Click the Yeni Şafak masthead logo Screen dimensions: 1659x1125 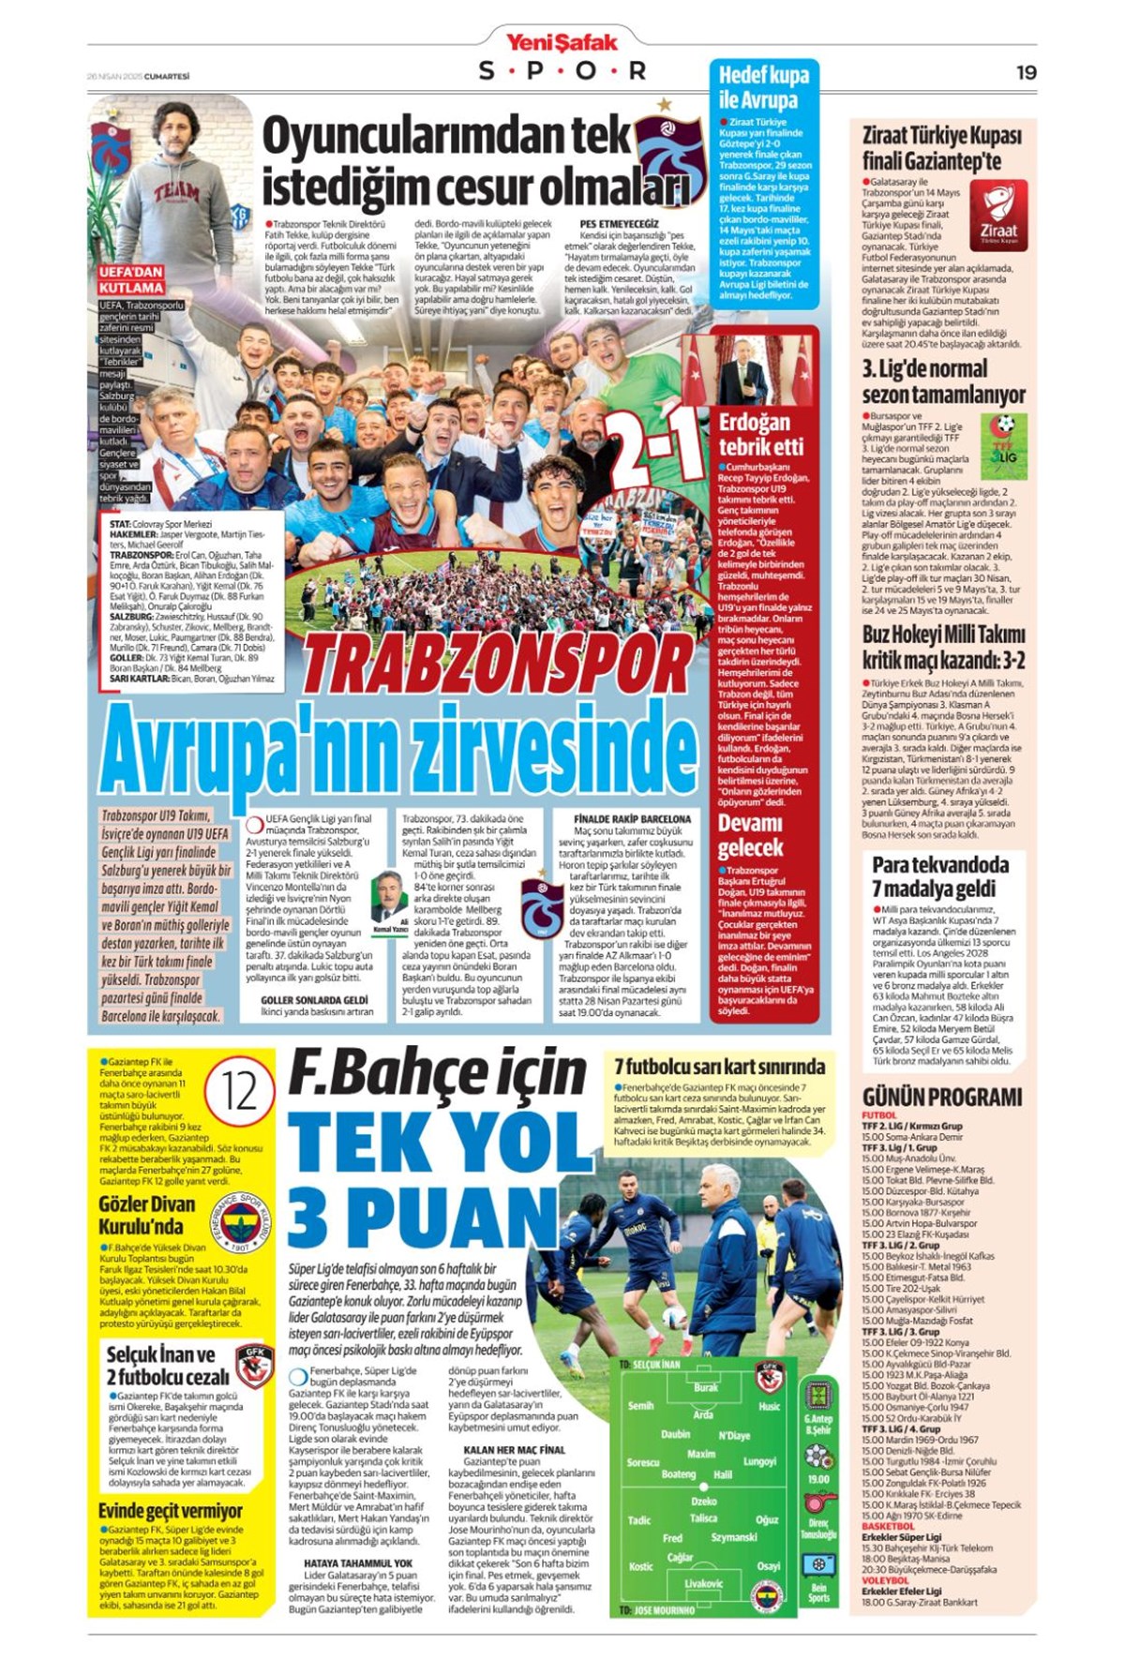pos(562,42)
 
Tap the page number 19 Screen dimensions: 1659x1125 pos(1026,72)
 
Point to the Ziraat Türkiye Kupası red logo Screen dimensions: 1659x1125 pos(997,216)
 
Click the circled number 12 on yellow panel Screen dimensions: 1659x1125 pos(240,1093)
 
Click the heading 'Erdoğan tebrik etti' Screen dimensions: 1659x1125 pos(760,434)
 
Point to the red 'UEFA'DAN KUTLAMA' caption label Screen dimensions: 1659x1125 pos(131,279)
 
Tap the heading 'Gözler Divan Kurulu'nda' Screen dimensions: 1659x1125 pos(147,1215)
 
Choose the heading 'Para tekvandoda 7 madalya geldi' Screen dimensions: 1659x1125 pos(940,875)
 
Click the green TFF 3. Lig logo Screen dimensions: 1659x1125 pos(1004,434)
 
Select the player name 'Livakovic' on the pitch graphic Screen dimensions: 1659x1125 pos(703,1584)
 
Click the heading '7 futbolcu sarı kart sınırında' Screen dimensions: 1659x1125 pos(719,1066)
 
